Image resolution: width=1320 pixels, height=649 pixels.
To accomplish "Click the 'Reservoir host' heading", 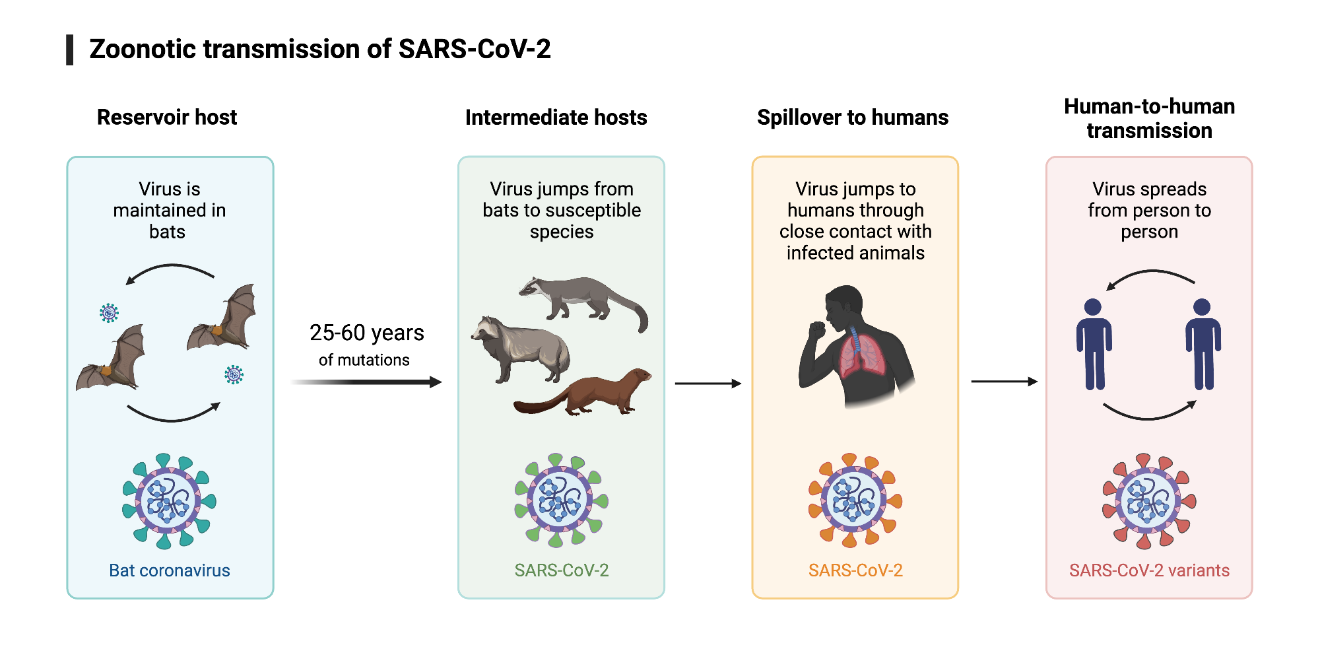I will (166, 117).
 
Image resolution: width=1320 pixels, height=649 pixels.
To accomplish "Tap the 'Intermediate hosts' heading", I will (556, 117).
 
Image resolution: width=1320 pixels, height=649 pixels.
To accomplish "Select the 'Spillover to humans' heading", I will (852, 117).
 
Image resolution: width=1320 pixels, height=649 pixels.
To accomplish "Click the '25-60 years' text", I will (366, 333).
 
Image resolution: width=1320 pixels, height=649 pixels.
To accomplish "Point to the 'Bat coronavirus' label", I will (169, 570).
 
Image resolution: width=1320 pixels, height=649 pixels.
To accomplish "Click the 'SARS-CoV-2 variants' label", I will (1149, 570).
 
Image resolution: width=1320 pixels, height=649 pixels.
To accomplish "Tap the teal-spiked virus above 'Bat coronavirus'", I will (169, 501).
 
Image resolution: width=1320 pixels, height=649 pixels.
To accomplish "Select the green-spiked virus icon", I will (561, 501).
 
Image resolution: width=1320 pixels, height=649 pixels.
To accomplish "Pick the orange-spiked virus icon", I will (855, 501).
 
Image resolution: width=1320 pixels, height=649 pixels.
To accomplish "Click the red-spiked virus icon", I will (1149, 501).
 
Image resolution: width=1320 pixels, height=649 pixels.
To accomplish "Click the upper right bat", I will (224, 320).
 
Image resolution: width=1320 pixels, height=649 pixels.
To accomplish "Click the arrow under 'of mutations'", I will (366, 382).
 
